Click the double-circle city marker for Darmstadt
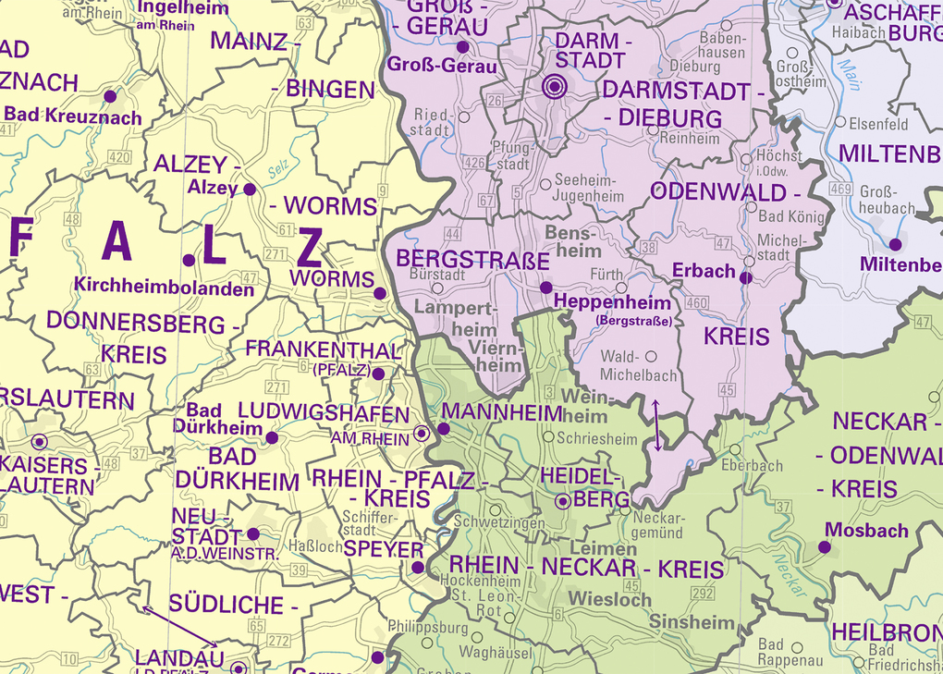pos(554,87)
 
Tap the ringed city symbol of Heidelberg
pos(563,502)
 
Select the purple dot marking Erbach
pos(746,276)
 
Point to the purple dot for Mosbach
pos(824,547)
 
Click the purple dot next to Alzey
pos(249,189)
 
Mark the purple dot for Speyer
pos(417,568)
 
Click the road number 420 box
pos(119,157)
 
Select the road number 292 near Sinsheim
pos(703,594)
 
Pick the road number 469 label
pos(840,190)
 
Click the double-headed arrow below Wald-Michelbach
pos(657,425)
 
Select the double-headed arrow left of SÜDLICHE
pos(179,626)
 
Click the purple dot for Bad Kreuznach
pos(110,96)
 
